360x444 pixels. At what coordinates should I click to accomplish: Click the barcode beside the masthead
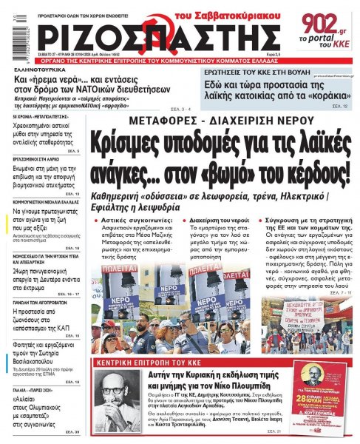point(7,30)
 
